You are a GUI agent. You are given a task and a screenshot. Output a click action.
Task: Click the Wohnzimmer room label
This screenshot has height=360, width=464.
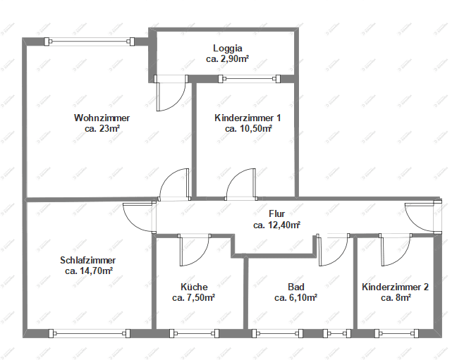coord(102,118)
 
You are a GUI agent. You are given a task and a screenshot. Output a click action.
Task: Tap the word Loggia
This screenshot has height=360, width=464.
coord(226,49)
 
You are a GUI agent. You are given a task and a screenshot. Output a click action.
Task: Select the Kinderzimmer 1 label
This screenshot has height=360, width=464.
coord(248,118)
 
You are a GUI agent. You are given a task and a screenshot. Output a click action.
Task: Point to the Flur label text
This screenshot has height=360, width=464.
coord(276,213)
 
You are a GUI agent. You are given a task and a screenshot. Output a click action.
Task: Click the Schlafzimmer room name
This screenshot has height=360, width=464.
coord(89,259)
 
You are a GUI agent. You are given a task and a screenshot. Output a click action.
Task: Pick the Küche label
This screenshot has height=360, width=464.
coord(193,287)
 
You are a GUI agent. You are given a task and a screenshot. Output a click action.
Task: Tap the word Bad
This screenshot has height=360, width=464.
coord(295,287)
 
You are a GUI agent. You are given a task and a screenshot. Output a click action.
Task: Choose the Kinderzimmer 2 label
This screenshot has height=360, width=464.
coord(395,287)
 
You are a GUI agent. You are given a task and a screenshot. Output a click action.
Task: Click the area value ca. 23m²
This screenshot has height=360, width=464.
coord(102,129)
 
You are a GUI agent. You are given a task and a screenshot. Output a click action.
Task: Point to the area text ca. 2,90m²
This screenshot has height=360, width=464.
coord(226,60)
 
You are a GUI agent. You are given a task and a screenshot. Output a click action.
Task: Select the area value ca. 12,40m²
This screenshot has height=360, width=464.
coord(276,225)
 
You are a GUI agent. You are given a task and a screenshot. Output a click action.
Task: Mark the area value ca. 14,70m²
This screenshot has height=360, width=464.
coord(89,271)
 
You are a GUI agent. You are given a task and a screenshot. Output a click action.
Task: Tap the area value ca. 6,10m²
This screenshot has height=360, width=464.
coord(295,298)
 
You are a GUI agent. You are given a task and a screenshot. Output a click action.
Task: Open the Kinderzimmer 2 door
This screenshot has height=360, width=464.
coord(395,250)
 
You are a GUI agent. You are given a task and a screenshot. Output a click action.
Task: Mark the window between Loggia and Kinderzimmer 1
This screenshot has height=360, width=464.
coord(240,78)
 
